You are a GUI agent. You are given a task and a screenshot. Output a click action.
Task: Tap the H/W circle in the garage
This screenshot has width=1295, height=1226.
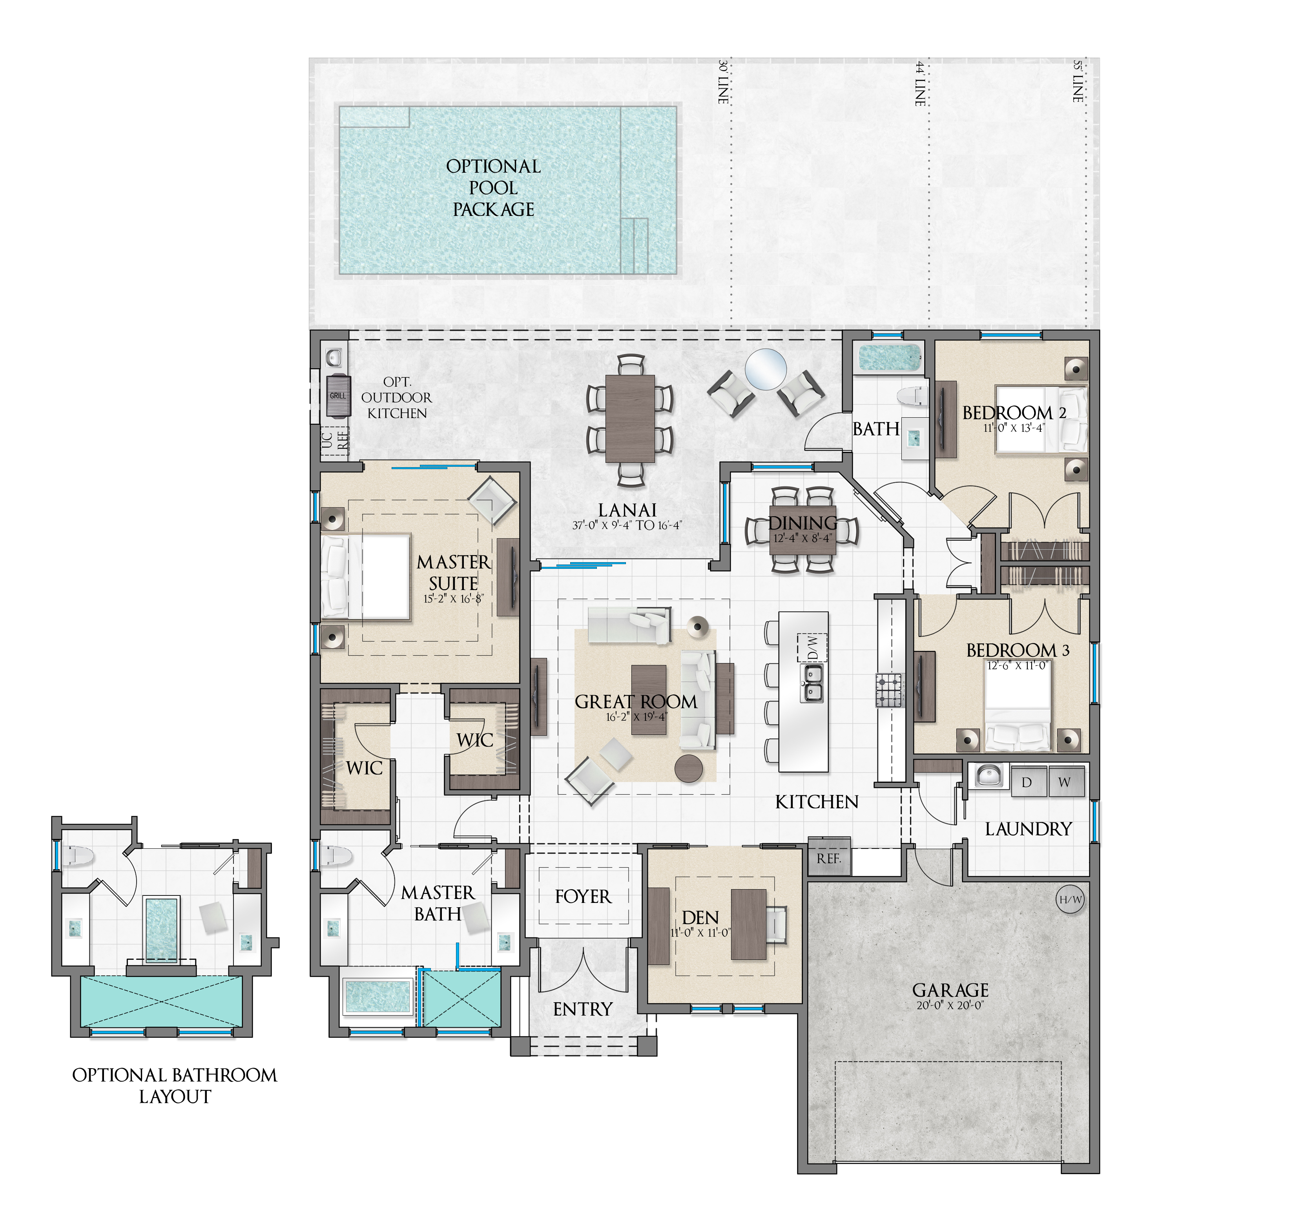pyautogui.click(x=1070, y=900)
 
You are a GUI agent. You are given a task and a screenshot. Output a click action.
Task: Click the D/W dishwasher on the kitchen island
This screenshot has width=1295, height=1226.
pyautogui.click(x=812, y=648)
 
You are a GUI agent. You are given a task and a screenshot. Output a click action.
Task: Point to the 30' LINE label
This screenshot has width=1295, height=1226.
pyautogui.click(x=723, y=82)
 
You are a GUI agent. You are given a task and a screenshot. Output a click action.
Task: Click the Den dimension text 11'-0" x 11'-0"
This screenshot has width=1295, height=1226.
pyautogui.click(x=700, y=933)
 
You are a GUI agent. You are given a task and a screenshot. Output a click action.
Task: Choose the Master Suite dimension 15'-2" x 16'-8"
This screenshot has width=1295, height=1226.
pyautogui.click(x=453, y=599)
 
